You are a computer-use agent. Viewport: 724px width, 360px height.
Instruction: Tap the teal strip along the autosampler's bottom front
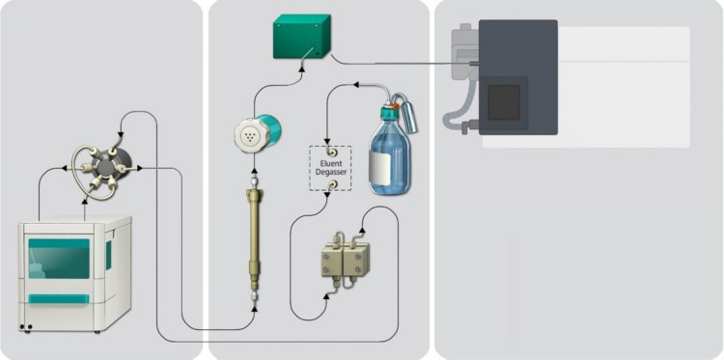tap(64, 298)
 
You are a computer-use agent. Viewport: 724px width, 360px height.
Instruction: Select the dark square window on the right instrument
tap(504, 101)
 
